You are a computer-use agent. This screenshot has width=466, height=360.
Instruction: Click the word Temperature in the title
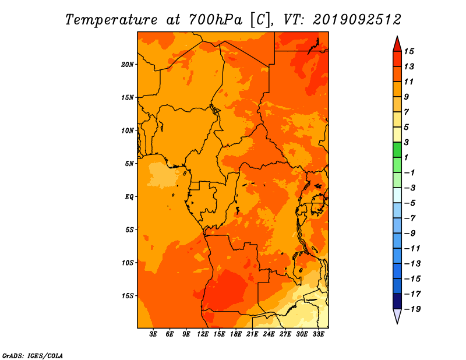(x=111, y=20)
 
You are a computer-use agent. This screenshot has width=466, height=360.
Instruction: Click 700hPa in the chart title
(x=215, y=20)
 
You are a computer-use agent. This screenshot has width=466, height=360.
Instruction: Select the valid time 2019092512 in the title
(x=357, y=20)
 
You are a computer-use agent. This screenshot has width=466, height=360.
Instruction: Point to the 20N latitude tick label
(x=128, y=65)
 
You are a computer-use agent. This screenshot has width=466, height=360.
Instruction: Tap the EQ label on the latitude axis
(x=129, y=197)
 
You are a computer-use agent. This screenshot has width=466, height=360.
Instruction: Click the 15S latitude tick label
(x=128, y=296)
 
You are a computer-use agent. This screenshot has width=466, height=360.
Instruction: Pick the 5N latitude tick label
(x=129, y=164)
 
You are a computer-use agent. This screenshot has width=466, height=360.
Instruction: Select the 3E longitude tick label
(x=153, y=334)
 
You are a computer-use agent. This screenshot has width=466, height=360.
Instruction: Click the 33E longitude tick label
(x=318, y=334)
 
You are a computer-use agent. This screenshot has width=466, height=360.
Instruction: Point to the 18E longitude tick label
(x=236, y=334)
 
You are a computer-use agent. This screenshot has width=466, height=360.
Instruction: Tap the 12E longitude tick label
(x=203, y=334)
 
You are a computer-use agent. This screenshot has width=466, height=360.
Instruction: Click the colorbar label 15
(x=409, y=51)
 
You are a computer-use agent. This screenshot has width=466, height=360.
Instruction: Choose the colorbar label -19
(x=412, y=309)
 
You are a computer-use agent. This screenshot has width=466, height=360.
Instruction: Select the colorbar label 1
(x=406, y=157)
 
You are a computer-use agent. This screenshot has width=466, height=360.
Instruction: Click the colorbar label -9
(x=410, y=234)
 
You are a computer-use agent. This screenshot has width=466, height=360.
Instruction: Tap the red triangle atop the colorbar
(x=397, y=45)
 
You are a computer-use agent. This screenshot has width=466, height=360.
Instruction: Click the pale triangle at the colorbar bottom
(x=397, y=315)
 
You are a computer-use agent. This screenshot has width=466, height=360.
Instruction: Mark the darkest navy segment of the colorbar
(x=397, y=301)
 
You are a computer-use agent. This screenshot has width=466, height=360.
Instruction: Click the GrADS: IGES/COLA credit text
(x=33, y=356)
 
